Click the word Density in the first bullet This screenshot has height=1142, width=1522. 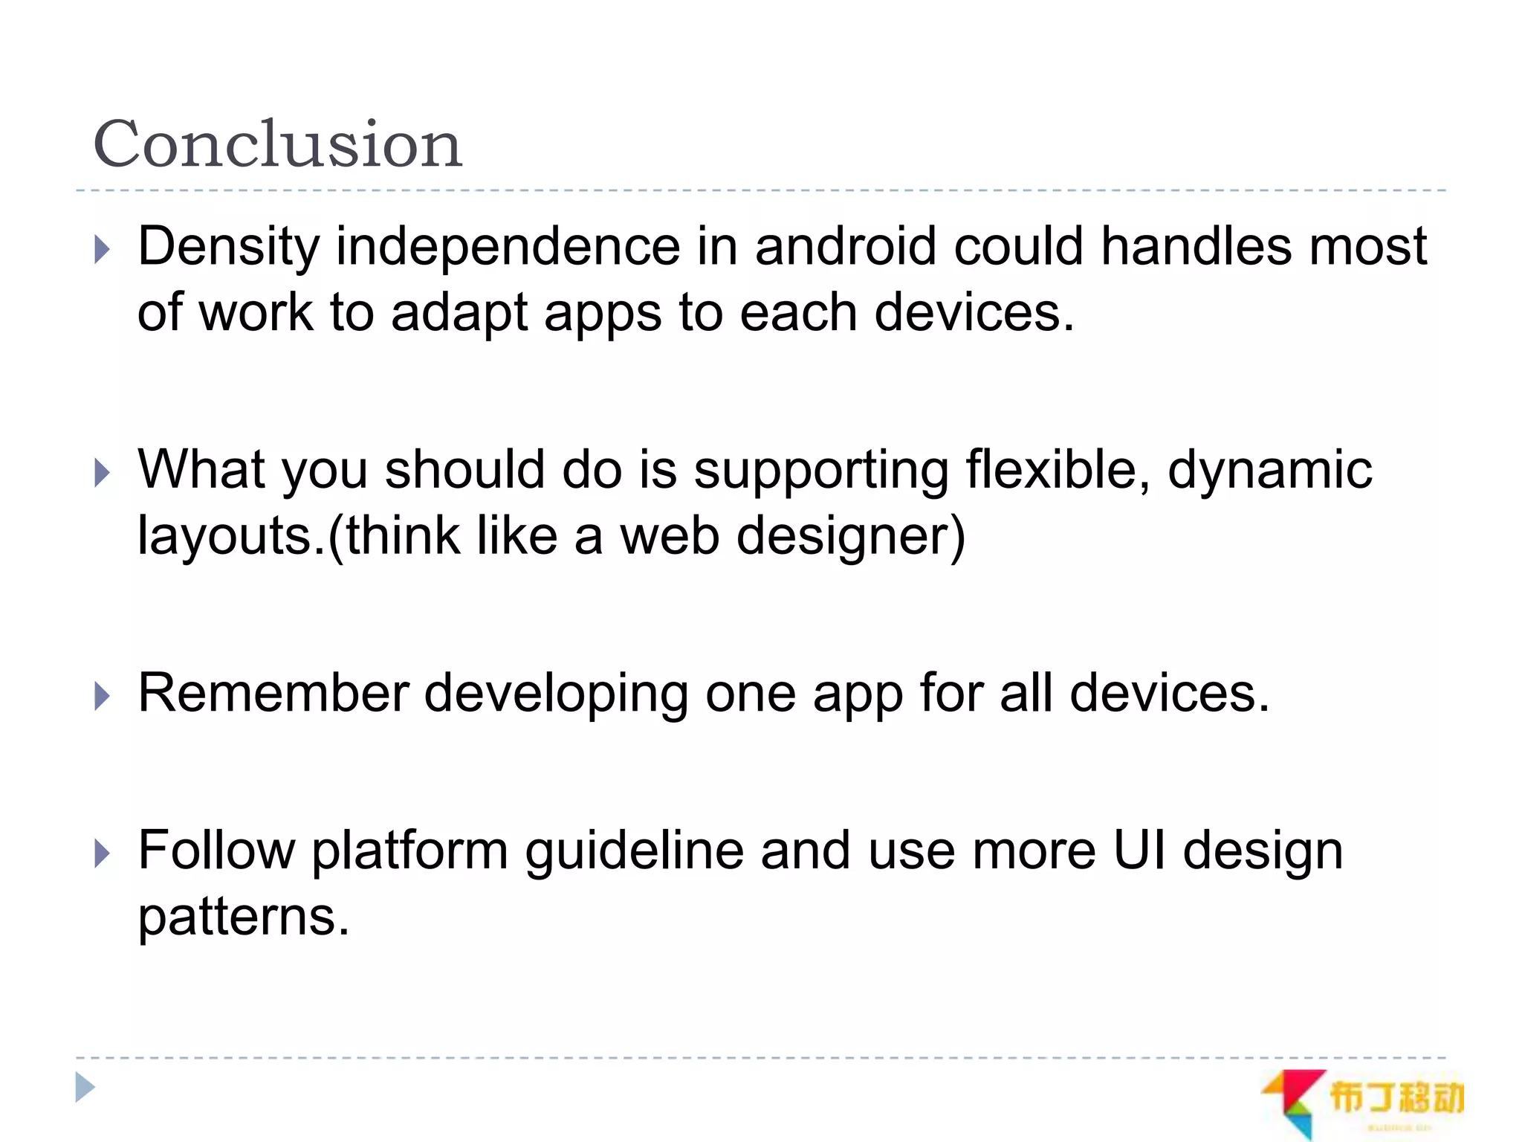(229, 248)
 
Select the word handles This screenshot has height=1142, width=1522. (1195, 246)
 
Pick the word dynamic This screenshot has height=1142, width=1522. (1269, 471)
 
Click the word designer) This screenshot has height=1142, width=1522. (850, 537)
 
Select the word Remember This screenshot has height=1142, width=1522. (273, 693)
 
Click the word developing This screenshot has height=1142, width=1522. (556, 694)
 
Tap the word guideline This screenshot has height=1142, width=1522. (634, 851)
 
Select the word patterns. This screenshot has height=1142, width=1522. (243, 917)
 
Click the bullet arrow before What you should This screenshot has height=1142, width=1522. (103, 473)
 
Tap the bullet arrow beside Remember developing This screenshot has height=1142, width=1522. (103, 697)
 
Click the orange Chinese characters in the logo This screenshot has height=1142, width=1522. (1396, 1097)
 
